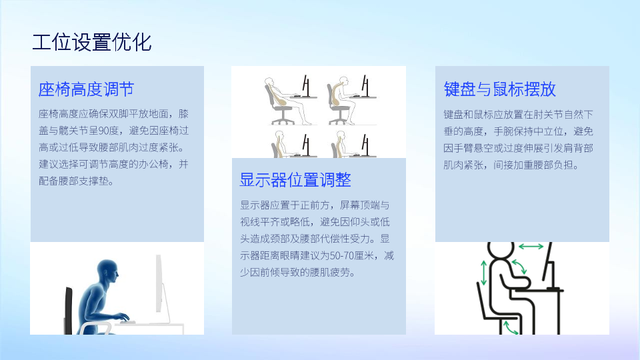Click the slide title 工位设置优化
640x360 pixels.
92,43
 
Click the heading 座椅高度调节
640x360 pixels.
86,89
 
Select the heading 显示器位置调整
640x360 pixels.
295,179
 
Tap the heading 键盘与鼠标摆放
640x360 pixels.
499,89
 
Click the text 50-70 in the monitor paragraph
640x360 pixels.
342,255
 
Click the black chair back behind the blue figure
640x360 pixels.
68,310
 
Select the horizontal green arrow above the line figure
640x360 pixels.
531,246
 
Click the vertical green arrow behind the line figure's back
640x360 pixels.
484,273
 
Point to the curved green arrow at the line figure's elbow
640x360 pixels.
519,267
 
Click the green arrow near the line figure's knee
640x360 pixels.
510,328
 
